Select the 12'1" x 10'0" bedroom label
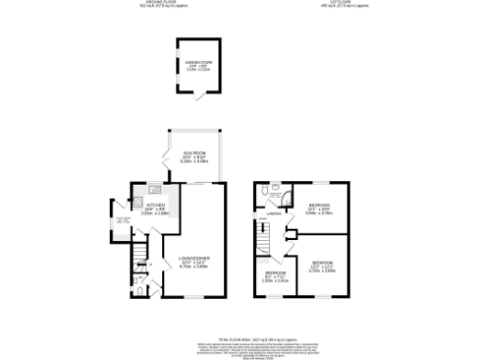[x=321, y=202]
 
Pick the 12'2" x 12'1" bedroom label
[x=323, y=262]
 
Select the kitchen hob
[x=134, y=205]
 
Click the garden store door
[x=194, y=96]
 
